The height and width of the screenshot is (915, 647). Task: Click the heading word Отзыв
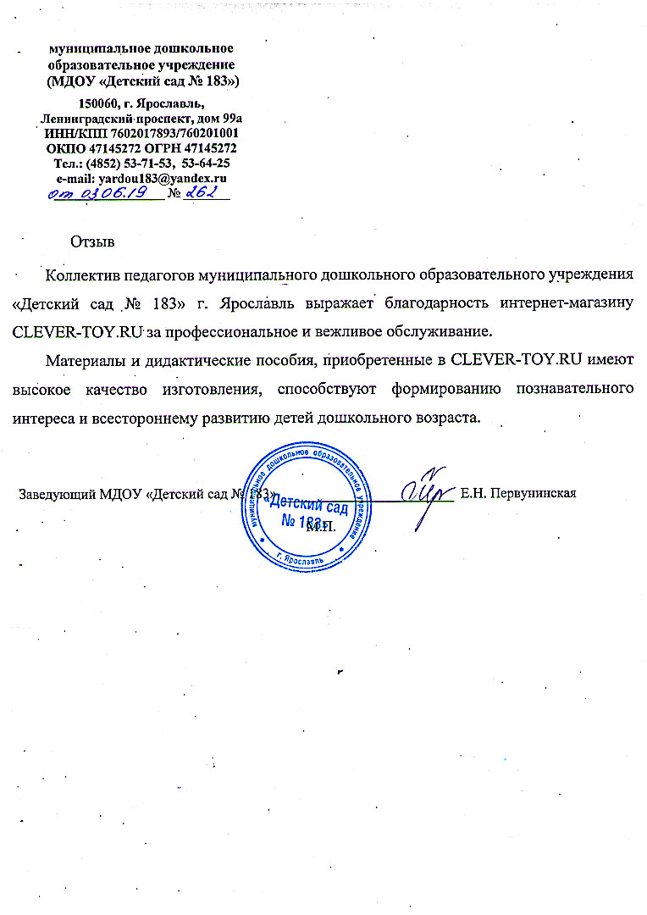tap(93, 241)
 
